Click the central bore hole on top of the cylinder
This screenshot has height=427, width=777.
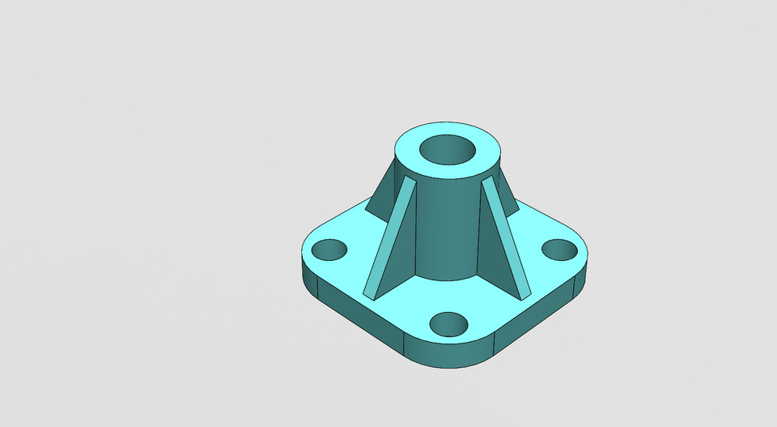pos(447,151)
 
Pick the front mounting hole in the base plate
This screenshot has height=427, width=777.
pos(448,324)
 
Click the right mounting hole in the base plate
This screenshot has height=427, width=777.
pos(558,250)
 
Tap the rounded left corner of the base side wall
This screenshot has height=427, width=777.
pos(306,274)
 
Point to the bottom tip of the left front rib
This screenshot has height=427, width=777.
pos(368,292)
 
